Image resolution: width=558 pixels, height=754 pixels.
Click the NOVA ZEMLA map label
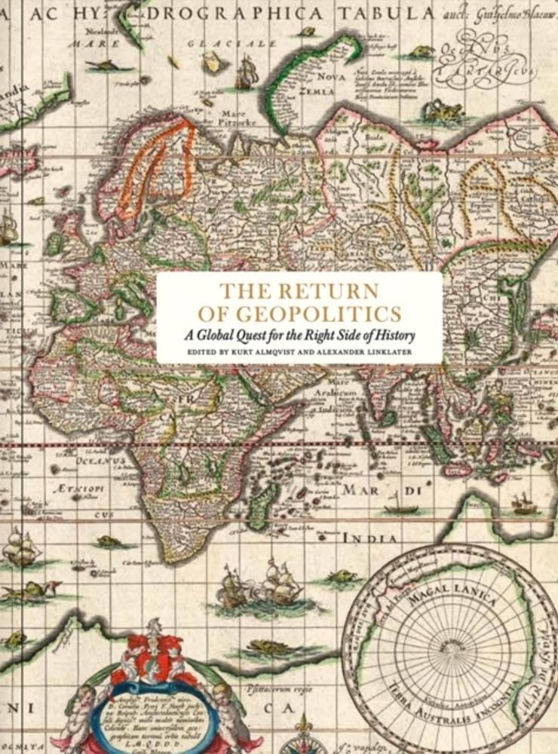tap(329, 84)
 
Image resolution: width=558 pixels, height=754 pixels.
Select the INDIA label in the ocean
tap(370, 538)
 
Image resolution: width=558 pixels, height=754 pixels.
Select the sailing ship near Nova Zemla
tap(247, 73)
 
